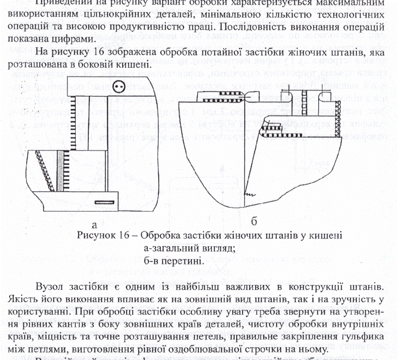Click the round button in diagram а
[118, 87]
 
